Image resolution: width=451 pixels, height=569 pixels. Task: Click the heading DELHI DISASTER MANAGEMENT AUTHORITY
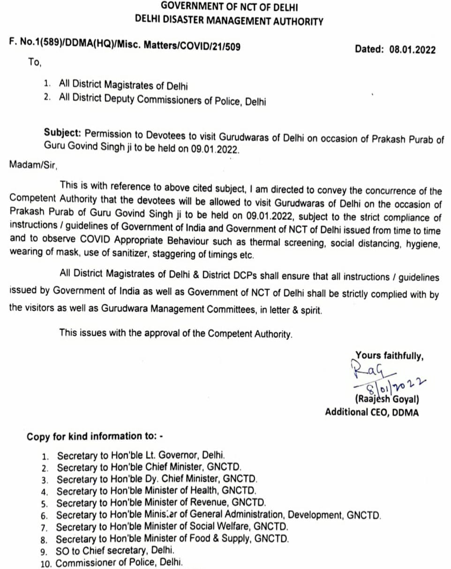(x=229, y=21)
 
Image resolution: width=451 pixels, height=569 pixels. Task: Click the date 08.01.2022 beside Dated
(x=412, y=49)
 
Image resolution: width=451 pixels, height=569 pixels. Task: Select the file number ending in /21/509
(x=125, y=46)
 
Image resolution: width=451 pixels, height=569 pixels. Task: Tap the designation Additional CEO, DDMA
(x=372, y=412)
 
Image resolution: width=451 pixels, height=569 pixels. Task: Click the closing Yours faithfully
(x=390, y=356)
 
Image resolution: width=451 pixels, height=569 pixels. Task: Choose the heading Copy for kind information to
(x=94, y=436)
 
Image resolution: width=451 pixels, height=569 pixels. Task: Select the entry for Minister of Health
(x=156, y=491)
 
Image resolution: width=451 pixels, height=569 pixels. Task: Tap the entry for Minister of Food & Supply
(x=172, y=538)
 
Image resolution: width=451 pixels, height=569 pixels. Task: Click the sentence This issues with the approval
(x=176, y=334)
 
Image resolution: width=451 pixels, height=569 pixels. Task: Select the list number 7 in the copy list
(x=45, y=527)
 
